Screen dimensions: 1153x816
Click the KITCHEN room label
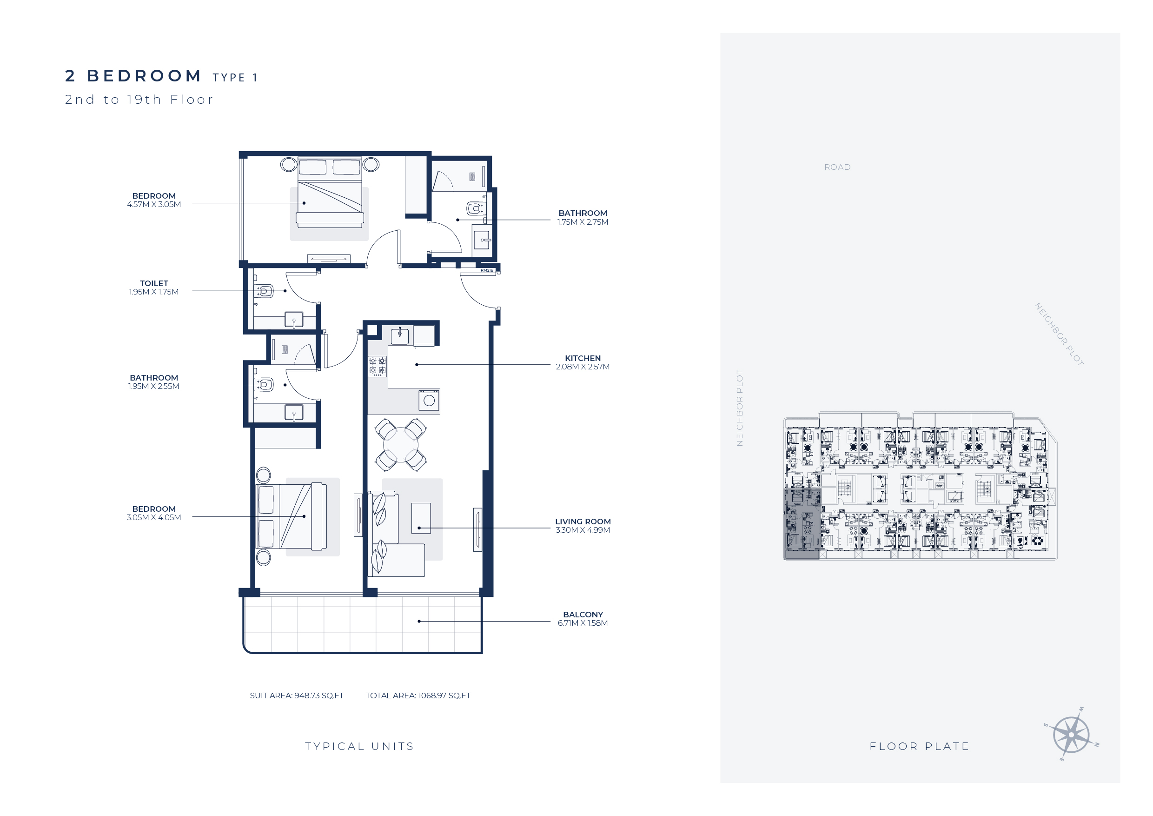[583, 358]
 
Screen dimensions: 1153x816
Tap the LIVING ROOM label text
[583, 522]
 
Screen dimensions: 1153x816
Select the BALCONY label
[583, 615]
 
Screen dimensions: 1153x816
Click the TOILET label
[154, 283]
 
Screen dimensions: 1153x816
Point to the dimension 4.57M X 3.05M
[154, 205]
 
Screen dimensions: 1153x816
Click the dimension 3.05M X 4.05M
[154, 517]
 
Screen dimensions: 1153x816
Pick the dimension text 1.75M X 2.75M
[583, 222]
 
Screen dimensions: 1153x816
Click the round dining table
[401, 445]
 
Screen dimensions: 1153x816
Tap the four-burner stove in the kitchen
[378, 366]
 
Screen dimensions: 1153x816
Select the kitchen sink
[400, 335]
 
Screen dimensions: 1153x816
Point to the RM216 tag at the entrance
[487, 270]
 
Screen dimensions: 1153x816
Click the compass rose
[1071, 735]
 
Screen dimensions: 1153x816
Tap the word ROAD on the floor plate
[837, 167]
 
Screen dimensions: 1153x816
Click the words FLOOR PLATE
[920, 746]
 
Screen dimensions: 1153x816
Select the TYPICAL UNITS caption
[359, 746]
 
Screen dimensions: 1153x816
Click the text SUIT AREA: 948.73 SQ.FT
[297, 696]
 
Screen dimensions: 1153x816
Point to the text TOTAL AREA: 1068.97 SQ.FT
[418, 696]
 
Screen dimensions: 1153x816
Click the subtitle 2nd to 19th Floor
[139, 100]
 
